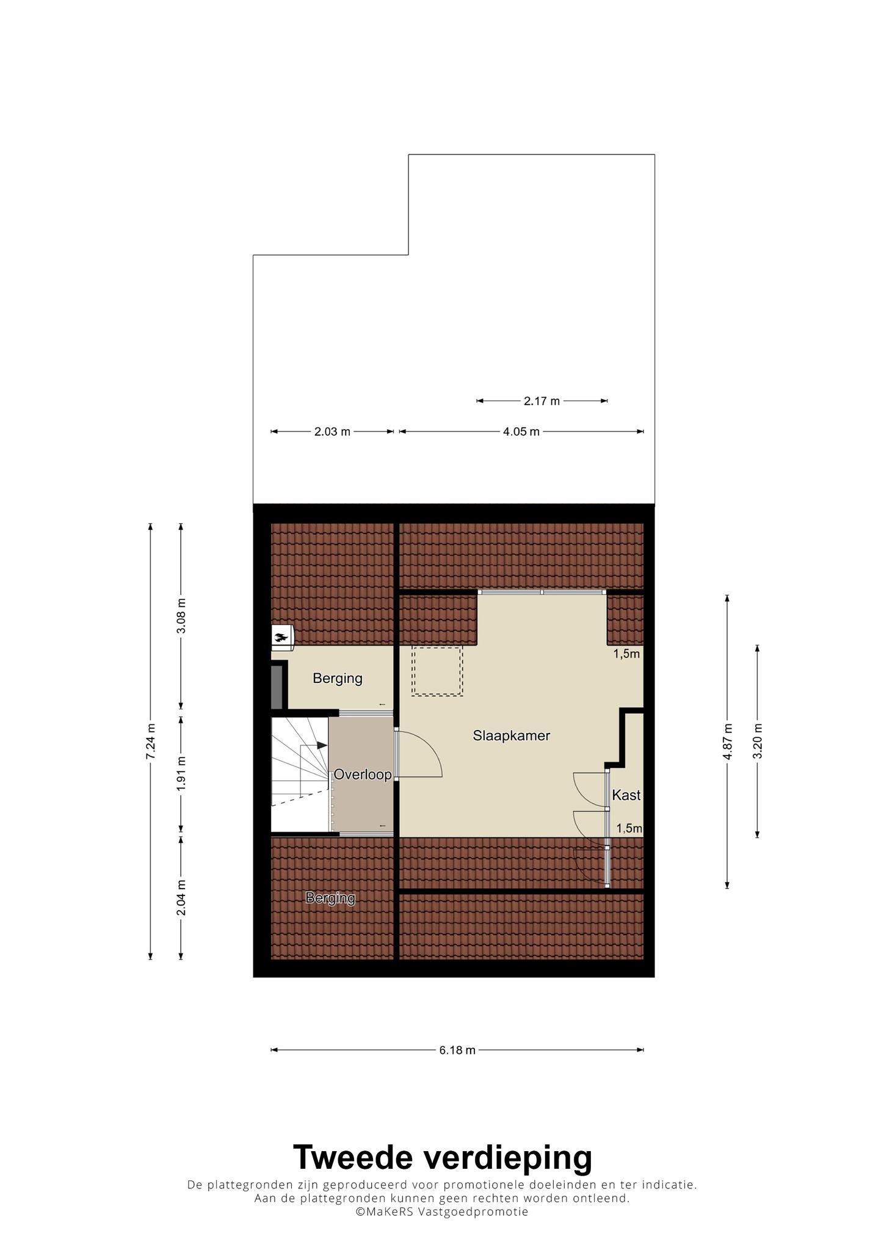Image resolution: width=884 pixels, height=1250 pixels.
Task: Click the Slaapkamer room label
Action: click(512, 736)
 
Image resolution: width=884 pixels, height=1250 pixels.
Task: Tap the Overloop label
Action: click(363, 775)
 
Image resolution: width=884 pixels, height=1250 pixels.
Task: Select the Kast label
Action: click(626, 795)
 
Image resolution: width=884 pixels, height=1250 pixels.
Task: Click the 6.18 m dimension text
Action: click(457, 1050)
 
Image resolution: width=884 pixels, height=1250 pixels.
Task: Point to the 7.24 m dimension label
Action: click(150, 742)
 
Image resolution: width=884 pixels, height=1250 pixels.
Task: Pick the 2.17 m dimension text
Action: click(542, 401)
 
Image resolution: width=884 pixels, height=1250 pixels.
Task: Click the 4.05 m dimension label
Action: click(521, 432)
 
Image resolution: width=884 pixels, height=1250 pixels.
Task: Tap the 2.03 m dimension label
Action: click(333, 432)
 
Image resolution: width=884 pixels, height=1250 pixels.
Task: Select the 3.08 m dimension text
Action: click(181, 616)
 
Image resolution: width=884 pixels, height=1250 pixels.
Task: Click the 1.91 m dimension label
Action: click(181, 774)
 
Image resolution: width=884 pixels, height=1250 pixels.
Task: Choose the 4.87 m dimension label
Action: click(727, 742)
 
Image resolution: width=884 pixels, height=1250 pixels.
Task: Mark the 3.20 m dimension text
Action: click(758, 742)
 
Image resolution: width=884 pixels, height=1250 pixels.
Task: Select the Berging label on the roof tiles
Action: click(330, 898)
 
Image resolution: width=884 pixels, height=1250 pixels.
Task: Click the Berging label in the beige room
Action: click(338, 678)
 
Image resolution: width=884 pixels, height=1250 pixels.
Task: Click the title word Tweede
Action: click(357, 1157)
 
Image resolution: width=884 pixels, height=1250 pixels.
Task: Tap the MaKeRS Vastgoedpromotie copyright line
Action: click(442, 1212)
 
